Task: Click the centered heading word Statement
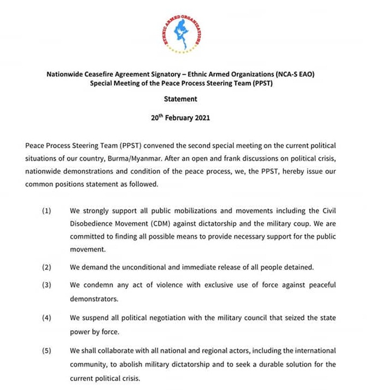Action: click(180, 99)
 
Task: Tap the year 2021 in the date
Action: click(200, 118)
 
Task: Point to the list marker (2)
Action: click(47, 267)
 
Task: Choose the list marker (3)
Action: click(47, 286)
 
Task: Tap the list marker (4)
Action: click(47, 318)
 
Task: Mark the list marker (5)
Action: click(47, 351)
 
